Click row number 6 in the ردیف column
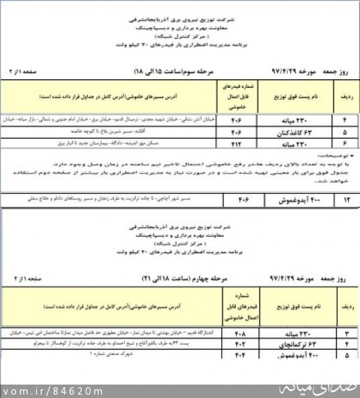[x=345, y=142]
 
